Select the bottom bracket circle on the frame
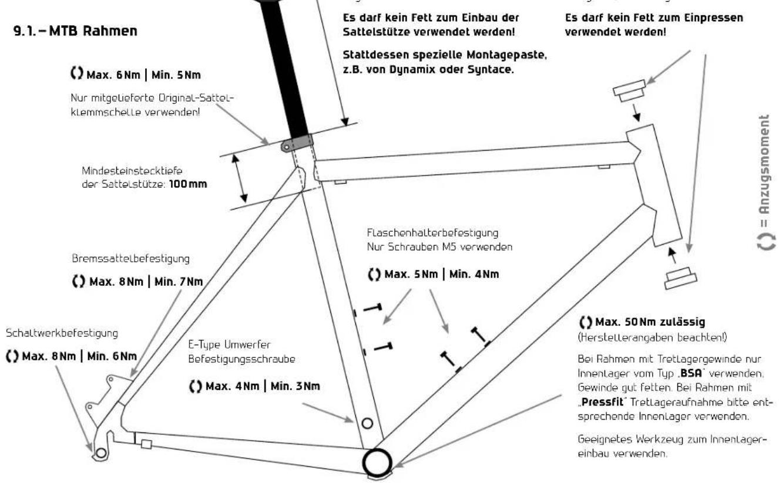tap(375, 462)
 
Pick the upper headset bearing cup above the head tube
tap(629, 90)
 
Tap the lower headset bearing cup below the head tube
tap(680, 278)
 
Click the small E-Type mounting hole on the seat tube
tap(368, 422)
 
